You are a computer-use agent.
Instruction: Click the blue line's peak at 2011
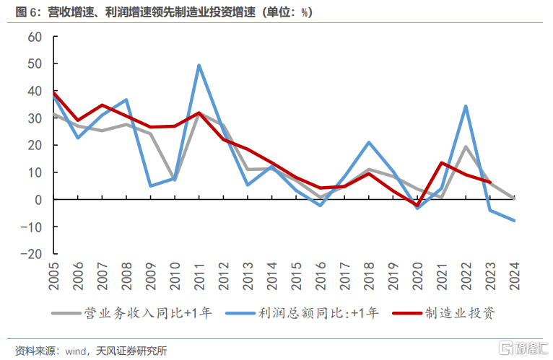click(x=199, y=66)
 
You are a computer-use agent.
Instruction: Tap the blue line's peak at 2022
click(x=466, y=106)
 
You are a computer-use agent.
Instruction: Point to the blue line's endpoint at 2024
click(x=514, y=221)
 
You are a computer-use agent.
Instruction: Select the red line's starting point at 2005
click(x=54, y=92)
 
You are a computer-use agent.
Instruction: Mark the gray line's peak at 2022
click(x=466, y=146)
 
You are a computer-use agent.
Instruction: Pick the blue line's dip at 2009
click(x=151, y=186)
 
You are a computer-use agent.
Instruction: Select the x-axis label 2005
click(x=55, y=278)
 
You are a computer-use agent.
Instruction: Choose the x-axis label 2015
click(x=297, y=278)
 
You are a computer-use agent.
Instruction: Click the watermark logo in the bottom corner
click(x=508, y=346)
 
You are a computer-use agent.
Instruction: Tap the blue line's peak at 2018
click(x=369, y=142)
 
